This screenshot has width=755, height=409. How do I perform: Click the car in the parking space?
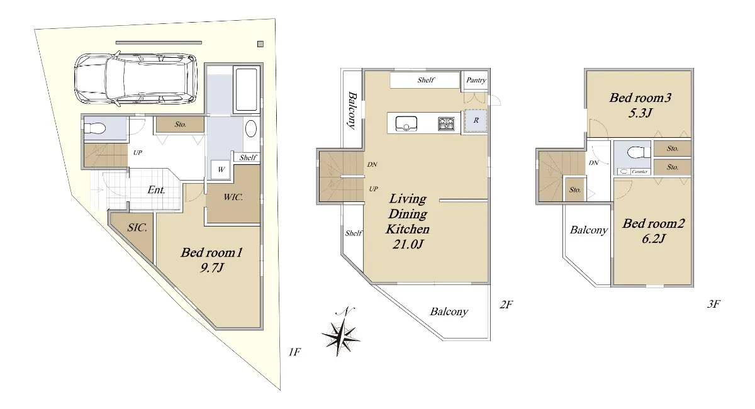click(135, 79)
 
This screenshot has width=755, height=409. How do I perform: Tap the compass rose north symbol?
click(341, 332)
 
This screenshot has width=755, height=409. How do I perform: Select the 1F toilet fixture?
click(95, 128)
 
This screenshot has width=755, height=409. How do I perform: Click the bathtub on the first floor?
click(247, 89)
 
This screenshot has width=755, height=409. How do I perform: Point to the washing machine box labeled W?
click(220, 170)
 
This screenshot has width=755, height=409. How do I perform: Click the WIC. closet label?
click(233, 197)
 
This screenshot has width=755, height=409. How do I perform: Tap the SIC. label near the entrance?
click(137, 228)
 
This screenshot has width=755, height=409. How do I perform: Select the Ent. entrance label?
click(156, 190)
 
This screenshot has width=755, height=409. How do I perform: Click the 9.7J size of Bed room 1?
click(211, 268)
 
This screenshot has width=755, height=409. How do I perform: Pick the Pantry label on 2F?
click(476, 81)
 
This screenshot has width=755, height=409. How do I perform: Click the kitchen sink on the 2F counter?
click(406, 124)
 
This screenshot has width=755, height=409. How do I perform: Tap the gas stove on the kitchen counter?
click(446, 124)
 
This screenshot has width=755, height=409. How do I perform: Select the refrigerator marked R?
click(476, 120)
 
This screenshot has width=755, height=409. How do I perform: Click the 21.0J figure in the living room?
click(408, 244)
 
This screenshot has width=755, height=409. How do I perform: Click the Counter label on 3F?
click(639, 172)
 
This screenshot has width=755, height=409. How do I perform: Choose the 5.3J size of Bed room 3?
click(640, 113)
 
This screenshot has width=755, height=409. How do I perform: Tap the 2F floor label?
click(506, 305)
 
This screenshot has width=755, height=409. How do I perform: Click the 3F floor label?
click(713, 304)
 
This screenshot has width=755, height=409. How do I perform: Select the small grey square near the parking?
click(260, 44)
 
